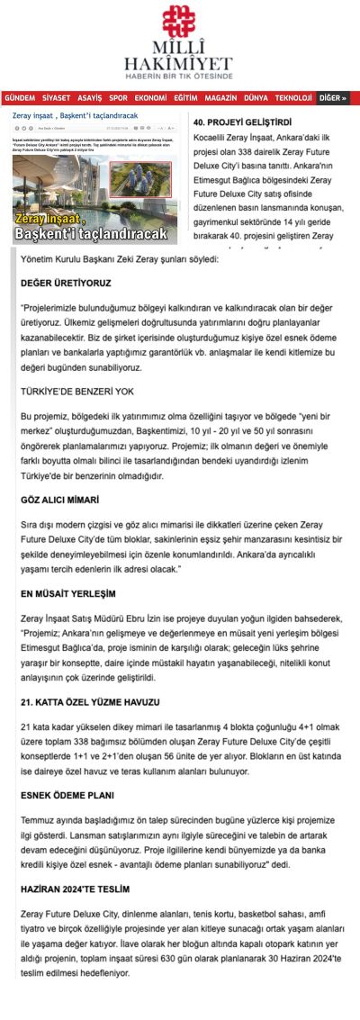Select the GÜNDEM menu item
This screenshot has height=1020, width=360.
[20, 97]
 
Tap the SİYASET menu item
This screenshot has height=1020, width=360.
[56, 97]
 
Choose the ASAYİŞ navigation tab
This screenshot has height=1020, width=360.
[90, 97]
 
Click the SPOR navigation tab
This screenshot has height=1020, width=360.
[119, 97]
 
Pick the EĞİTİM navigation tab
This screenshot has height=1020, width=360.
[185, 97]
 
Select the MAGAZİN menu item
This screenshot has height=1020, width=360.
[220, 97]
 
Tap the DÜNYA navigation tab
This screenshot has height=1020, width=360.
[256, 97]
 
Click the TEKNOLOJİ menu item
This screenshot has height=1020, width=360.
[293, 97]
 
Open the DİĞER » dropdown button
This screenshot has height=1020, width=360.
[332, 97]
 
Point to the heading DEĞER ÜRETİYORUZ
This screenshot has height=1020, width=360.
[59, 283]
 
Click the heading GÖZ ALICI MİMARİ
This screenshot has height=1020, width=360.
[59, 499]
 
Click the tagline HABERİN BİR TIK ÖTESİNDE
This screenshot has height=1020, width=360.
[180, 77]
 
